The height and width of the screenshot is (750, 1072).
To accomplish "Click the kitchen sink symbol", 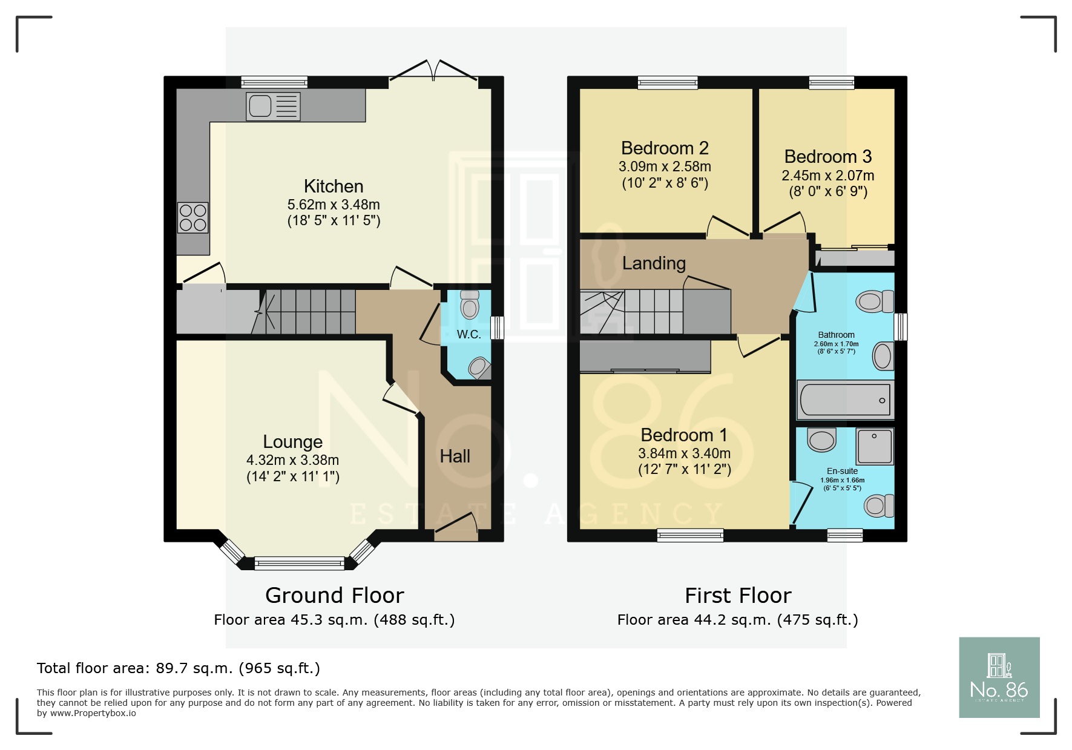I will coord(273,106).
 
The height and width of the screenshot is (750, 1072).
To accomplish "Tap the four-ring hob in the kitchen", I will coord(193,218).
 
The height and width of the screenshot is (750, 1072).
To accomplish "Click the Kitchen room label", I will coord(334,186).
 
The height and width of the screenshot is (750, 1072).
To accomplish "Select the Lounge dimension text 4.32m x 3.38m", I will coord(292,460).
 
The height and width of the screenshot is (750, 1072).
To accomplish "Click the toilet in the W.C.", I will coord(470,304).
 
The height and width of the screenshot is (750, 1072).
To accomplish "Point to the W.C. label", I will coord(469,334).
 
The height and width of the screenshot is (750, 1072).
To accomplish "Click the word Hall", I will coord(455,456).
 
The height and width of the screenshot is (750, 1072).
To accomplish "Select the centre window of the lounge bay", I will coord(299,564).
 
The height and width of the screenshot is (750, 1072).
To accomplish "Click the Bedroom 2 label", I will coord(665,148).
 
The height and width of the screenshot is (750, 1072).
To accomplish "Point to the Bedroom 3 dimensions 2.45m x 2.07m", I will coord(827,176).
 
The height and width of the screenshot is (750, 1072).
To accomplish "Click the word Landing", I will coord(654,263).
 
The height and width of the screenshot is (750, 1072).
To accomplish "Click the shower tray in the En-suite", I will coord(874,446).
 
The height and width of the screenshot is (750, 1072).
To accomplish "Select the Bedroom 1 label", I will coord(684,435).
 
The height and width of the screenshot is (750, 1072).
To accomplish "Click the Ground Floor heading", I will coord(334,596).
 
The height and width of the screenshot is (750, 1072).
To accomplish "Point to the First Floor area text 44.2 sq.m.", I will coord(737,620).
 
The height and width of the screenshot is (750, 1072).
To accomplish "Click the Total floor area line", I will coord(178,668).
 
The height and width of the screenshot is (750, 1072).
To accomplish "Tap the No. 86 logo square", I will coord(999,677).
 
